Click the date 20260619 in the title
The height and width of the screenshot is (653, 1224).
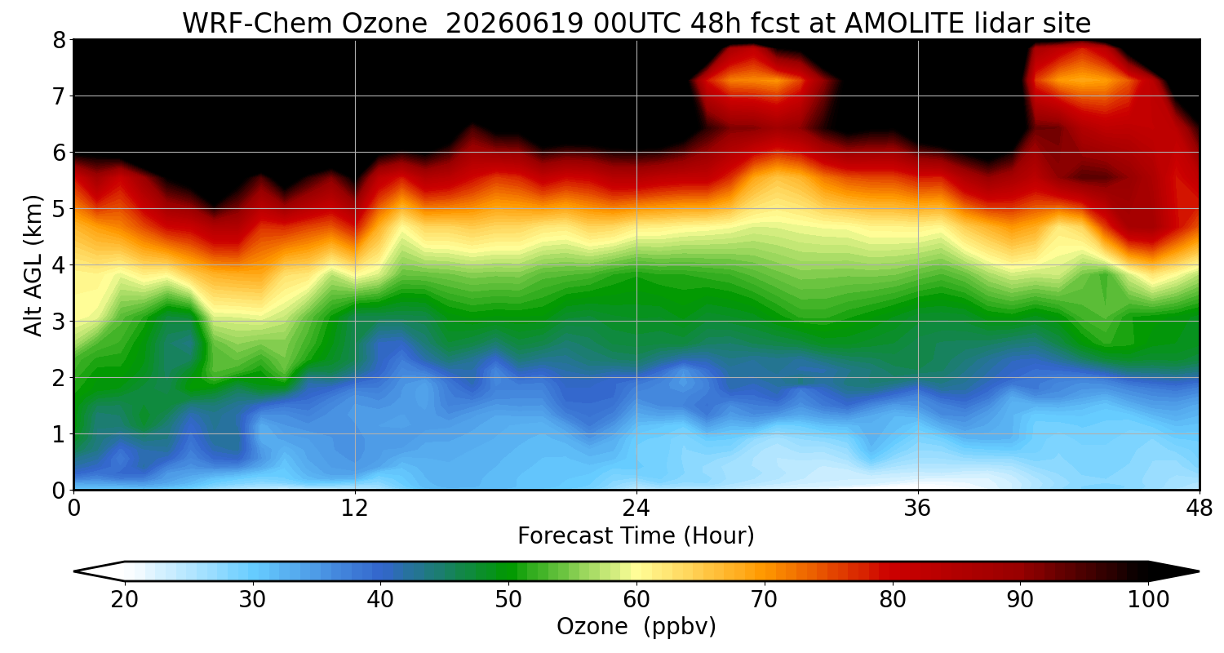(514, 24)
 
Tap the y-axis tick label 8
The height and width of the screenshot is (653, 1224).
(59, 41)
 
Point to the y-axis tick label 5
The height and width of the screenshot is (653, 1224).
(59, 209)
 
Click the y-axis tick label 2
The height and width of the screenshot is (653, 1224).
(59, 378)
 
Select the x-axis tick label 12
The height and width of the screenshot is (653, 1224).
(355, 509)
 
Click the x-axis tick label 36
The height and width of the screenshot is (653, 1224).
(917, 509)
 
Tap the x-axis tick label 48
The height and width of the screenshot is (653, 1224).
(1199, 509)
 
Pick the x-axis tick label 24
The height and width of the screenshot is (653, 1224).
(636, 509)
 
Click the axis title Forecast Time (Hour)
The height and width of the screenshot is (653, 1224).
(636, 536)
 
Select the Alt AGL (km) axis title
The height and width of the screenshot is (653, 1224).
(33, 265)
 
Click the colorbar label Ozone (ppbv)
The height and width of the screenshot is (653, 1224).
(636, 627)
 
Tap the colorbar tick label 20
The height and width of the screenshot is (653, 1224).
(124, 600)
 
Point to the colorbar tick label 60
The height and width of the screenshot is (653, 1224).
(636, 600)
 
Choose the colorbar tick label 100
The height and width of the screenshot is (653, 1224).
(1148, 600)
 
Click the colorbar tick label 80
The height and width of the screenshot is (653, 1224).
(893, 600)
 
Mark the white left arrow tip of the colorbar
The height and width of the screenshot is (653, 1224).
(74, 571)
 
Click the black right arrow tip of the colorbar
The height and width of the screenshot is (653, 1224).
(1199, 571)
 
